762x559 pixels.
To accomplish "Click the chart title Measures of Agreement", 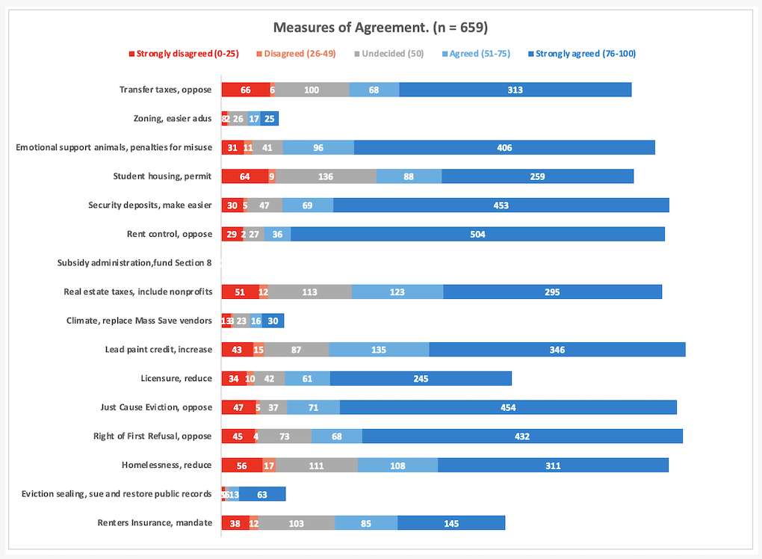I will pos(380,28).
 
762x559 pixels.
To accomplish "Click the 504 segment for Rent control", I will pos(477,235).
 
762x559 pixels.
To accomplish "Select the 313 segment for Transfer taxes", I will pos(515,90).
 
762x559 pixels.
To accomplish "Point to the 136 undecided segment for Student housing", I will pos(326,176).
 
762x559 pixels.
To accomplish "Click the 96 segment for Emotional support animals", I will pos(318,148).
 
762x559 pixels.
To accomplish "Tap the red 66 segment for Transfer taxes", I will pos(245,90).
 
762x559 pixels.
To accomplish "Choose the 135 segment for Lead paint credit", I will pos(379,350).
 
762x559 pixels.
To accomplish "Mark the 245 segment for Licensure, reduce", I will pos(421,379).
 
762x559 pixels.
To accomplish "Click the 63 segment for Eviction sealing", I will pos(262,494).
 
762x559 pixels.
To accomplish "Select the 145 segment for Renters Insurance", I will pos(451,523).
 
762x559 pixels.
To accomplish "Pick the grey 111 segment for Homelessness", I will pos(316,466).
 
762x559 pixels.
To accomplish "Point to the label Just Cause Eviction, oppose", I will pos(156,408).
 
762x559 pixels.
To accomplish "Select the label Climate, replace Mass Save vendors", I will pos(139,321).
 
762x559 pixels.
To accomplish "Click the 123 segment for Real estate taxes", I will pos(397,292).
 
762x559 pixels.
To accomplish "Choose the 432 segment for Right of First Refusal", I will pos(522,436).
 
